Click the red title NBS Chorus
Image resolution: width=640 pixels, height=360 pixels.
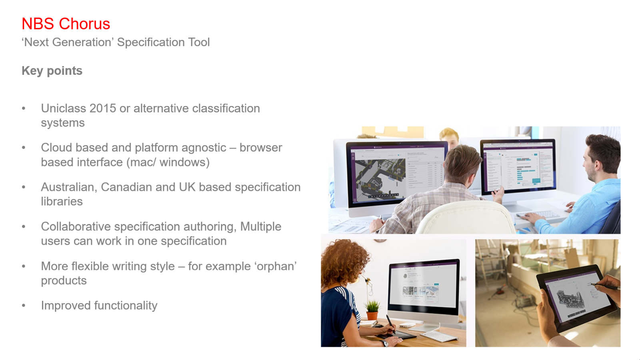(66, 24)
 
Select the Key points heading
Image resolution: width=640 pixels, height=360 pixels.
(52, 71)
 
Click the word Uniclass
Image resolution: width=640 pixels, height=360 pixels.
(64, 108)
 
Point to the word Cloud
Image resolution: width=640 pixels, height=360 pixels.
(56, 148)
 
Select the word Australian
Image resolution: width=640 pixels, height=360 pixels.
(69, 188)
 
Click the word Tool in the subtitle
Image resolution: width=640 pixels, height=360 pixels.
(199, 42)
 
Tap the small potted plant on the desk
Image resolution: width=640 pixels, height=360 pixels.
(372, 310)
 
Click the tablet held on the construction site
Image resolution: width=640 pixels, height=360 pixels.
(574, 297)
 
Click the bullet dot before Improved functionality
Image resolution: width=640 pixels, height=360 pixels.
(24, 306)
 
